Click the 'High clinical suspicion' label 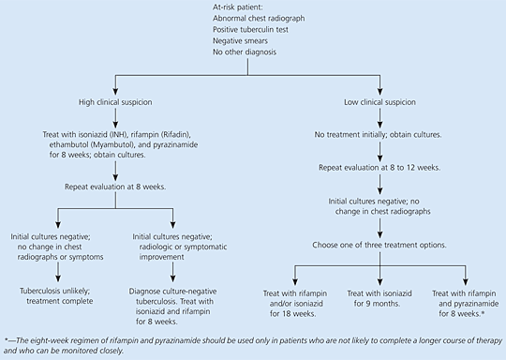pyautogui.click(x=115, y=102)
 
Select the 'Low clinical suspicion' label pyautogui.click(x=379, y=102)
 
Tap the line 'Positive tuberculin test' pyautogui.click(x=250, y=30)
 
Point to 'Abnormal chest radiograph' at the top pyautogui.click(x=259, y=19)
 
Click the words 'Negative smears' pyautogui.click(x=240, y=41)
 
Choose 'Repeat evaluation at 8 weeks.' pyautogui.click(x=115, y=187)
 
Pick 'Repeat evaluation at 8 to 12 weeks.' pyautogui.click(x=379, y=168)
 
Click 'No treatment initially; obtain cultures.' pyautogui.click(x=379, y=135)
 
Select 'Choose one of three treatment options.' pyautogui.click(x=379, y=245)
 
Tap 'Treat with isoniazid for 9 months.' pyautogui.click(x=379, y=298)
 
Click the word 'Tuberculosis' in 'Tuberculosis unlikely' pyautogui.click(x=40, y=291)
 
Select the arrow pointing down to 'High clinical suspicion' pyautogui.click(x=115, y=85)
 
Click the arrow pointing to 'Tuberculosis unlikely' pyautogui.click(x=58, y=272)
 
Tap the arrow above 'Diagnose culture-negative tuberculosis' pyautogui.click(x=172, y=272)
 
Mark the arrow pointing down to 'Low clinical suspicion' pyautogui.click(x=379, y=85)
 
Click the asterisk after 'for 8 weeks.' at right pyautogui.click(x=483, y=312)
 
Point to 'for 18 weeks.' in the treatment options pyautogui.click(x=293, y=313)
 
